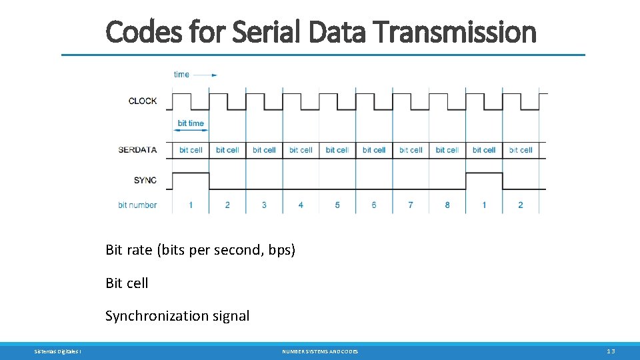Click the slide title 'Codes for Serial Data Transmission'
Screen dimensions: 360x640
pyautogui.click(x=321, y=31)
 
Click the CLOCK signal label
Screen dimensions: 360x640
pyautogui.click(x=143, y=101)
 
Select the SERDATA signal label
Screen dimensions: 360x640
pyautogui.click(x=137, y=150)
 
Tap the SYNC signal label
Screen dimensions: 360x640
pyautogui.click(x=145, y=181)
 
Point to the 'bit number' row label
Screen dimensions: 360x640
pyautogui.click(x=137, y=205)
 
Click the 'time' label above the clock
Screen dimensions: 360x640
pyautogui.click(x=181, y=75)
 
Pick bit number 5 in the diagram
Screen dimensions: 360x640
pyautogui.click(x=337, y=205)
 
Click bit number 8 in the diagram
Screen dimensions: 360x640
pyautogui.click(x=447, y=205)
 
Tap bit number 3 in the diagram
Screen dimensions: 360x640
pyautogui.click(x=264, y=205)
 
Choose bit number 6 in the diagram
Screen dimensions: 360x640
pyautogui.click(x=374, y=205)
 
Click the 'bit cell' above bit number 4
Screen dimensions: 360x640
pyautogui.click(x=301, y=150)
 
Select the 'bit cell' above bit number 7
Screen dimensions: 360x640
pyautogui.click(x=411, y=150)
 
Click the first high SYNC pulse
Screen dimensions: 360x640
pyautogui.click(x=191, y=173)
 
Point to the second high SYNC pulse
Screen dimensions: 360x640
pyautogui.click(x=484, y=173)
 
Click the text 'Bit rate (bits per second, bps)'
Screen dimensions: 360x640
pyautogui.click(x=200, y=250)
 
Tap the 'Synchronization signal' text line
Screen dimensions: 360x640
pyautogui.click(x=177, y=316)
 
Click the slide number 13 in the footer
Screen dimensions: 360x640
pyautogui.click(x=611, y=351)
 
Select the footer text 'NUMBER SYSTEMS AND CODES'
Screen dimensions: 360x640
pyautogui.click(x=320, y=351)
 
